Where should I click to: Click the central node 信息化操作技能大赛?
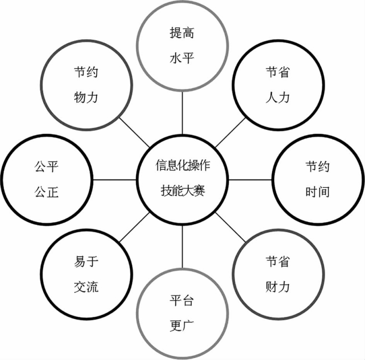pos(182,179)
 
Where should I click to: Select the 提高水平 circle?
pos(182,46)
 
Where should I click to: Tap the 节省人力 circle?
pos(277,85)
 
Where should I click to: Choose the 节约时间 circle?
pos(317,179)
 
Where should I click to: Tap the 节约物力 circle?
pos(86,85)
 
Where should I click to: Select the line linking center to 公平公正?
pos(114,180)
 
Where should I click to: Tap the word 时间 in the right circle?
pos(317,192)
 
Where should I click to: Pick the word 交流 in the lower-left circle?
pos(86,287)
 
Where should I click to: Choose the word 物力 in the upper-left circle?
pos(86,98)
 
